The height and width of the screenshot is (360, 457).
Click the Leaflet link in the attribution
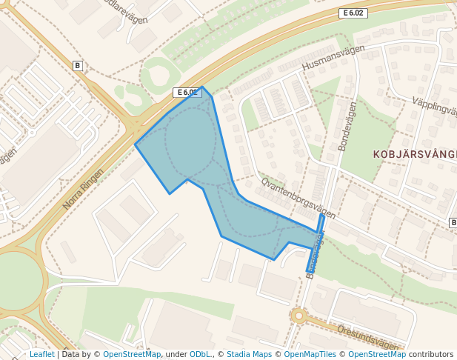click(41, 354)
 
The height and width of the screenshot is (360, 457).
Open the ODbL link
click(201, 354)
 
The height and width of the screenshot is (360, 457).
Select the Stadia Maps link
click(249, 354)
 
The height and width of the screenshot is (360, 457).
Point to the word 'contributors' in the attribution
click(431, 354)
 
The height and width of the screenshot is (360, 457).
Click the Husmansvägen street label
click(334, 59)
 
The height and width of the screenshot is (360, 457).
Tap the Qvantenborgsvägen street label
click(298, 198)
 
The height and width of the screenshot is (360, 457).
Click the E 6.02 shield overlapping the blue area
click(187, 93)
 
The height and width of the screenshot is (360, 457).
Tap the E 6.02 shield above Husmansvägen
click(353, 13)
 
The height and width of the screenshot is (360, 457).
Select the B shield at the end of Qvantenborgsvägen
click(453, 222)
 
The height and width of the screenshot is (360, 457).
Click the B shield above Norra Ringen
click(77, 66)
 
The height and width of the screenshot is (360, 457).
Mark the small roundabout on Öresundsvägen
click(299, 316)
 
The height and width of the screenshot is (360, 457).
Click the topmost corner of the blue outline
click(203, 87)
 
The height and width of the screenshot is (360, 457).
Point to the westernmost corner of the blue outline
click(135, 144)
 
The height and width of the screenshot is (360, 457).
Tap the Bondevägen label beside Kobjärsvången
click(346, 127)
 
